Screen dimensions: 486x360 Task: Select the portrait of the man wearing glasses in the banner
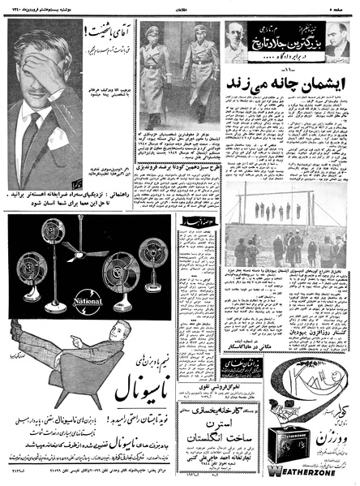click(x=241, y=39)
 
